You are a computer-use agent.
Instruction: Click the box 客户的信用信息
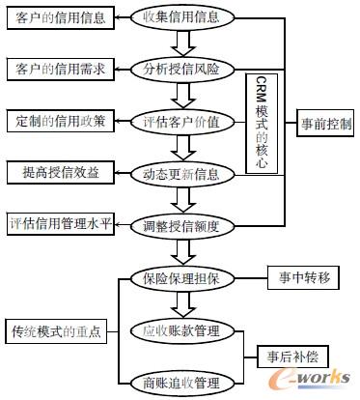point(55,17)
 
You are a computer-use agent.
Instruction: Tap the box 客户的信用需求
point(55,69)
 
